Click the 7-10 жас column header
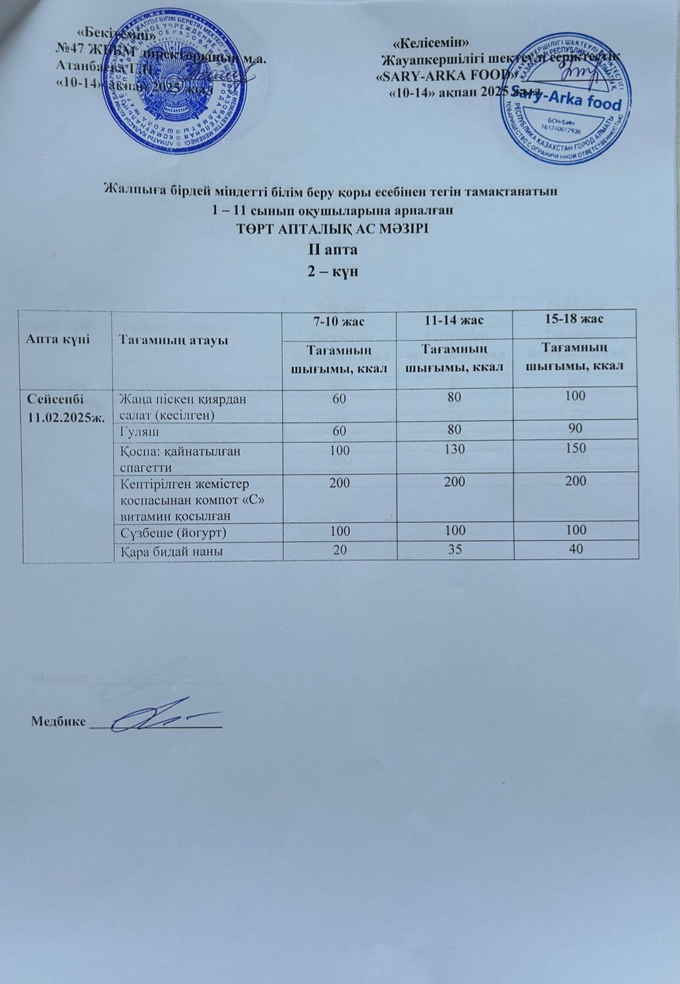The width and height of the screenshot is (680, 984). click(x=339, y=320)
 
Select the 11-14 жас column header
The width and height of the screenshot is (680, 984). click(x=454, y=320)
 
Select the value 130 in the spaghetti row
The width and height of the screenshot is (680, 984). click(x=454, y=449)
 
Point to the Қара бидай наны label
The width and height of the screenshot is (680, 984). click(x=170, y=552)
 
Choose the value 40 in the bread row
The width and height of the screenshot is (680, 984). click(x=576, y=550)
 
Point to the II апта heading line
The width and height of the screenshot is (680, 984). click(x=333, y=250)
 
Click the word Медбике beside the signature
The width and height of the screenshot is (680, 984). click(x=58, y=721)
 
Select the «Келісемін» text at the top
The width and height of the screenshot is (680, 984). click(x=432, y=42)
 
